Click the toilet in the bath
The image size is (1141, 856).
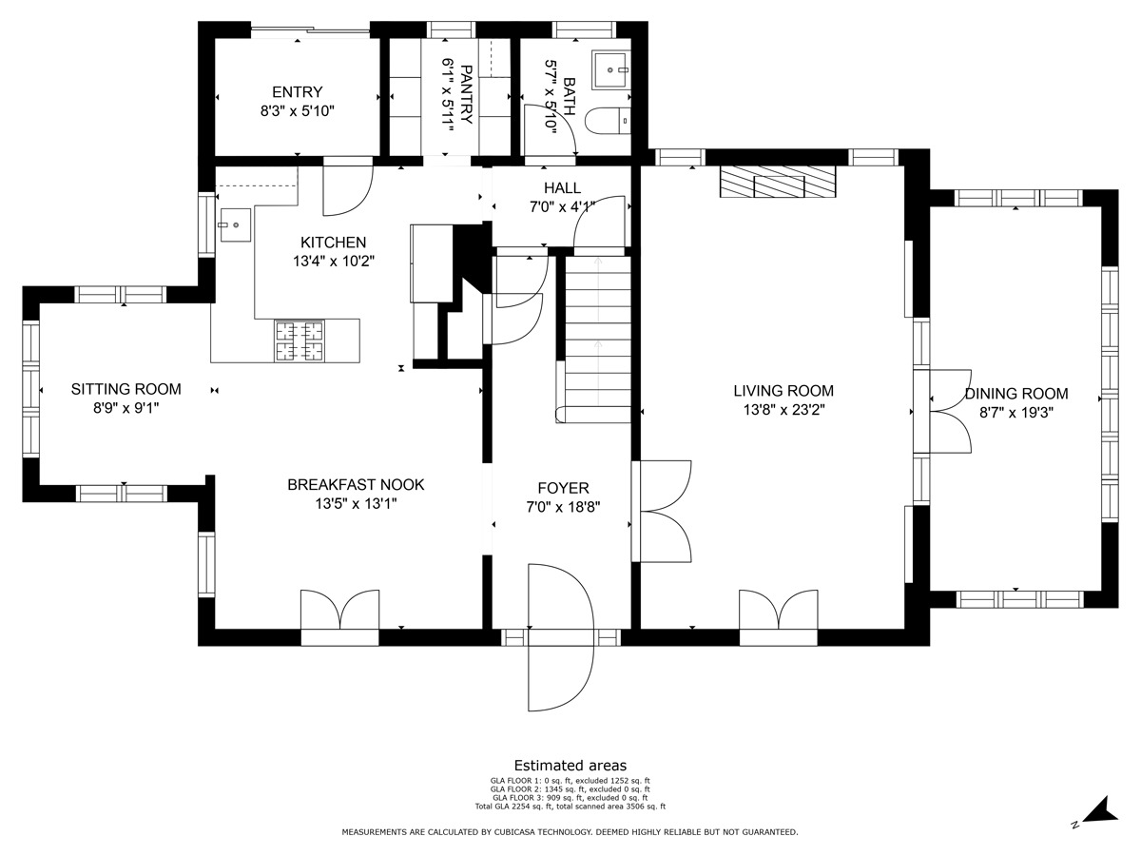[x=608, y=121]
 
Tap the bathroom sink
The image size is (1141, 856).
[x=610, y=70]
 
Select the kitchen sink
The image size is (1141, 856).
[x=236, y=225]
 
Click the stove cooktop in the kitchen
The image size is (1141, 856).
[x=299, y=340]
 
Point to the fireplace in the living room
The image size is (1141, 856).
[x=778, y=182]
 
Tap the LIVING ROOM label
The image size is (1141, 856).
[x=783, y=391]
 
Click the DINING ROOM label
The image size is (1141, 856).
[x=1016, y=394]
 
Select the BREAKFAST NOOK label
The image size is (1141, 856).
[x=356, y=484]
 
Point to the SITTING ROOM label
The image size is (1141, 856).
[x=126, y=389]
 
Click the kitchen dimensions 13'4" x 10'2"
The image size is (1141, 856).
[x=334, y=261]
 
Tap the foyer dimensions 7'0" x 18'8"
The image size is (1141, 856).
[x=563, y=507]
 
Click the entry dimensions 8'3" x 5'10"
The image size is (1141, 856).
[x=298, y=111]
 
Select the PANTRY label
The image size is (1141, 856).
[x=466, y=94]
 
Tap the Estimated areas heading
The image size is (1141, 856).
[x=570, y=765]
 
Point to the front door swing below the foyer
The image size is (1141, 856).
[x=560, y=637]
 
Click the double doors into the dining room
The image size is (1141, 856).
[x=950, y=411]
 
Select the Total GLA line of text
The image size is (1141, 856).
[x=570, y=807]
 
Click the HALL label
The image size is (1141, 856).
[x=563, y=187]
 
